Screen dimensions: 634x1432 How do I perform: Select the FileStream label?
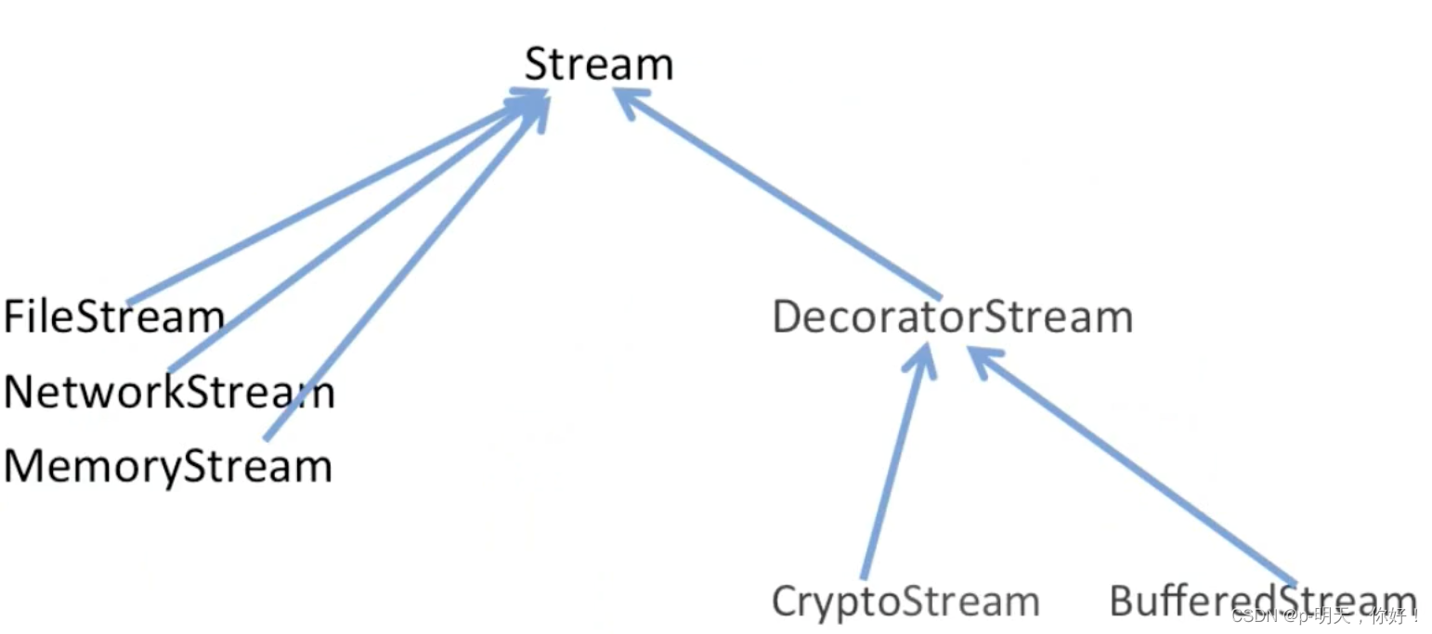[113, 317]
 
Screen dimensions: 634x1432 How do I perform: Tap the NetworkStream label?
[168, 392]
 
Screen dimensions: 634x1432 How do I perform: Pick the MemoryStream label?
[167, 465]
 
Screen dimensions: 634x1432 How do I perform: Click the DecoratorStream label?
[952, 317]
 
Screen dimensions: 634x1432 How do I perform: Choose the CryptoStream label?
[905, 602]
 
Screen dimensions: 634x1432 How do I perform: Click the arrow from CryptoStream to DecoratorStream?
[893, 464]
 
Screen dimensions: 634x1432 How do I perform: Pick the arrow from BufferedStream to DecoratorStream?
[1133, 464]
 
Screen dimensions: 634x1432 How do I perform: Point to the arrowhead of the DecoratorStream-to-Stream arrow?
[628, 100]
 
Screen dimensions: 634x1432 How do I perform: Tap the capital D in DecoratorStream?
[787, 317]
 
